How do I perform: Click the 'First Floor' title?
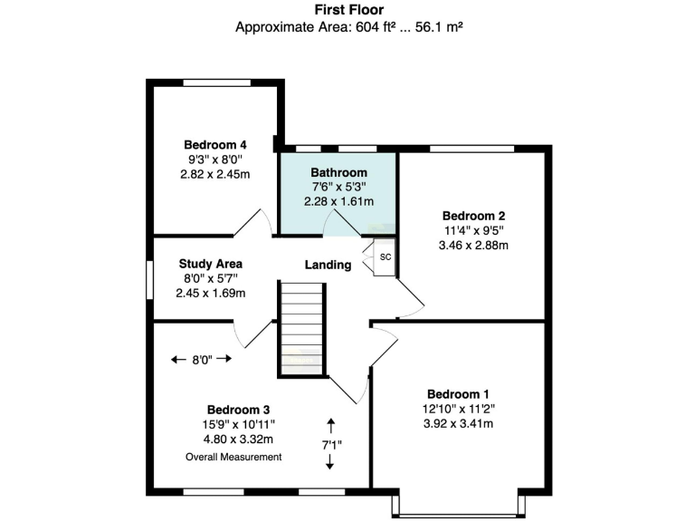click(x=348, y=9)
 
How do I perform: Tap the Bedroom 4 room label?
click(x=214, y=144)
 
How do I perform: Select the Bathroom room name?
click(x=338, y=172)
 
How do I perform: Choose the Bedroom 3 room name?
click(x=238, y=409)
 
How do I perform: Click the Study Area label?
click(x=210, y=264)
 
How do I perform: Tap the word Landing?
click(x=327, y=265)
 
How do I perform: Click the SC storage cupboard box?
click(x=385, y=256)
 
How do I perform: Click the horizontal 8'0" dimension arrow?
click(x=201, y=359)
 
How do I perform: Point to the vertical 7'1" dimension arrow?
click(x=330, y=443)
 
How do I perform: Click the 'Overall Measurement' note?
click(x=233, y=457)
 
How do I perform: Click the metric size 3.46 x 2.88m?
click(x=473, y=246)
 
